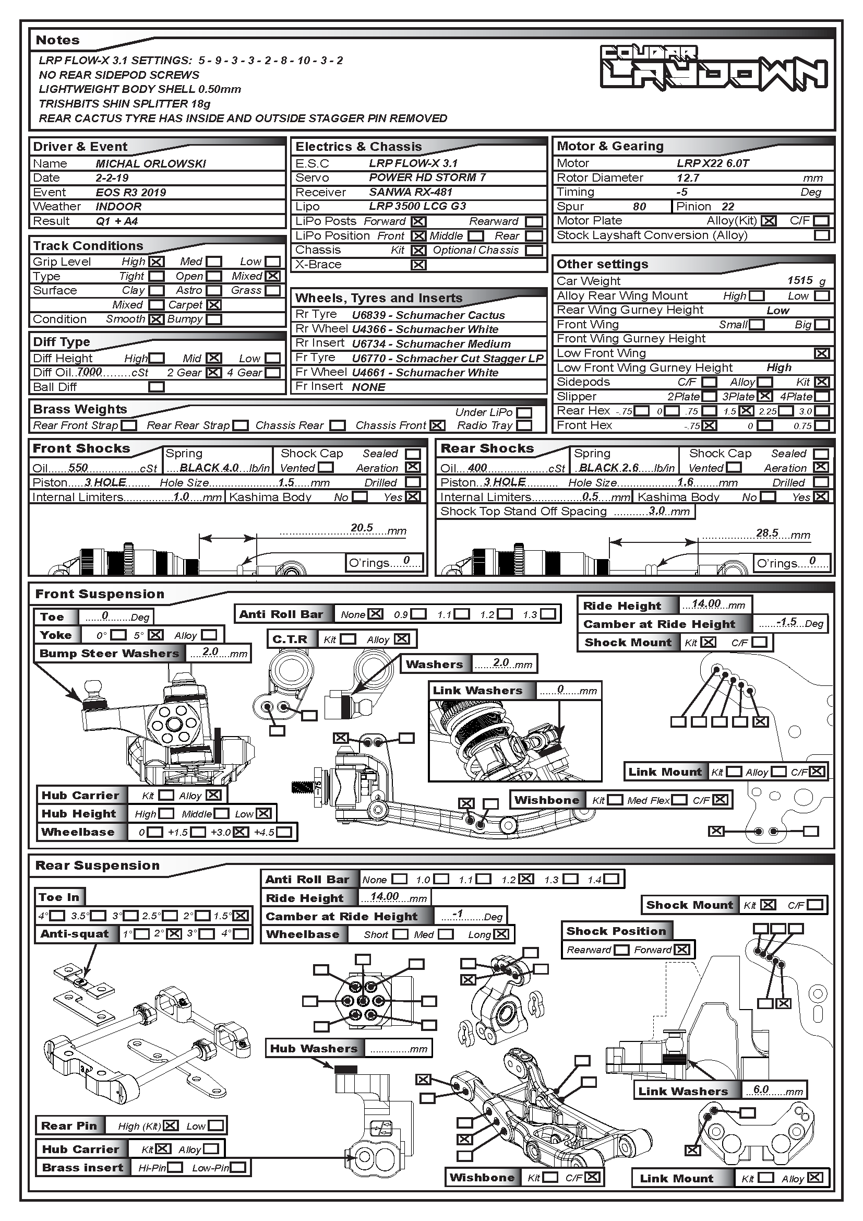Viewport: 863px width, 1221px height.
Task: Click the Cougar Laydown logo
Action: pos(713,67)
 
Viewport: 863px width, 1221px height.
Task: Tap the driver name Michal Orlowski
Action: pos(150,164)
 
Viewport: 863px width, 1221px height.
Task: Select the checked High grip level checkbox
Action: pos(156,262)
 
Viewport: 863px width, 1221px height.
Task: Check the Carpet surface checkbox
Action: pos(213,305)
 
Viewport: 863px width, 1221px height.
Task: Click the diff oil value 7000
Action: pos(89,372)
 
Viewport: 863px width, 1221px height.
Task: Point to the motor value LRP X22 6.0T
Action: pos(712,163)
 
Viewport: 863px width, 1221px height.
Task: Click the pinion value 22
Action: pos(727,206)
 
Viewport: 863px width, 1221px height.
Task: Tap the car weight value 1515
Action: pos(800,280)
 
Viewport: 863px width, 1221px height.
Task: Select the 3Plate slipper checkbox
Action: pos(765,396)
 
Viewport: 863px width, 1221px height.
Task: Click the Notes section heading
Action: pos(57,40)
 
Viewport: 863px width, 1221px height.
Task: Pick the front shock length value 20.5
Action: pos(362,528)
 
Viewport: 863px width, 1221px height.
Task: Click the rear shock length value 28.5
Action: pos(767,533)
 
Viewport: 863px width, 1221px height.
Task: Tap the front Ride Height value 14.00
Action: pos(706,603)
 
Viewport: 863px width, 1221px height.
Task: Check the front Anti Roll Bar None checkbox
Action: pos(376,614)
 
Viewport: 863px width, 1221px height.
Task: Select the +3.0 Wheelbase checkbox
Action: pos(241,832)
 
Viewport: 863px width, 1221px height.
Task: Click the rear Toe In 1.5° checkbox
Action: pos(241,916)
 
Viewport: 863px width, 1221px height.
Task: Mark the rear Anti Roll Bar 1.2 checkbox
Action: pos(526,879)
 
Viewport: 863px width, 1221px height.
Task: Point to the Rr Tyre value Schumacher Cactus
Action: pos(428,315)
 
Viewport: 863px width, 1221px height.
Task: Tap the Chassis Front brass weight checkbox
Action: pos(437,425)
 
